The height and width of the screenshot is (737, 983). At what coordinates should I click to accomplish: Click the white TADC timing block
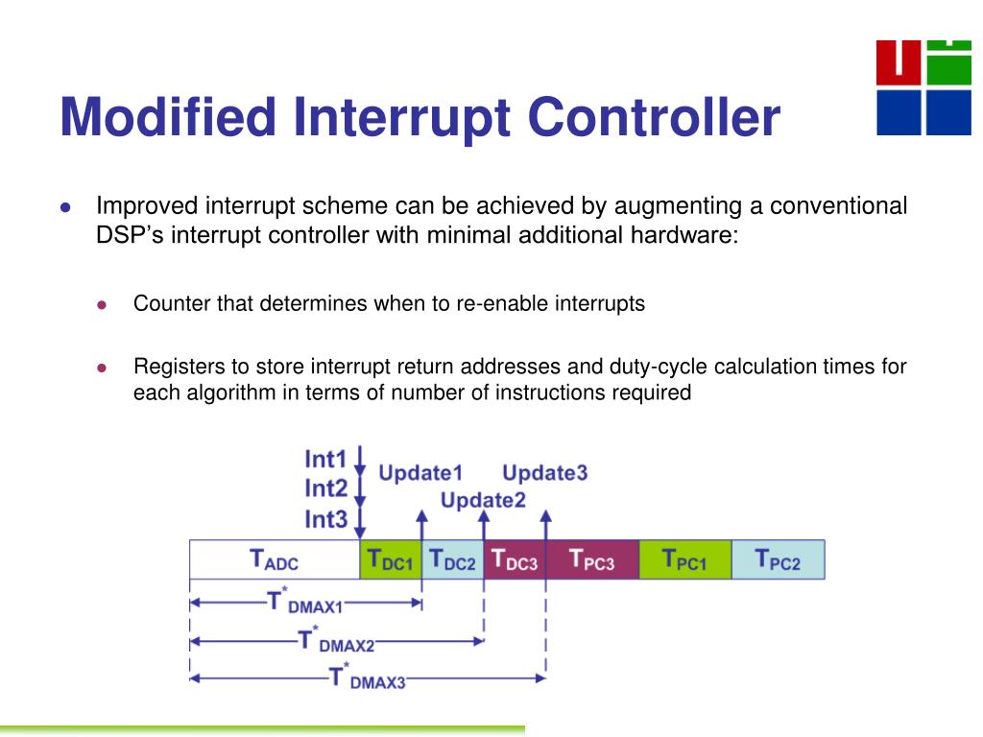[275, 559]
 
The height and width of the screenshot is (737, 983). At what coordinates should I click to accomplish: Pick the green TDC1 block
[390, 559]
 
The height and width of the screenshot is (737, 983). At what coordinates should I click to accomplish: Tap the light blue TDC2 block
[451, 559]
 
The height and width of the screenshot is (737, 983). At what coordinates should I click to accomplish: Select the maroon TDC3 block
[514, 559]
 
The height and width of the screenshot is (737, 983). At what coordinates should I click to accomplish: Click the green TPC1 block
[684, 559]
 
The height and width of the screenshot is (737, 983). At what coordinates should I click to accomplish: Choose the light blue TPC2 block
[778, 559]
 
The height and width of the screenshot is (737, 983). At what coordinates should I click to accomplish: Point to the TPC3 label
[591, 559]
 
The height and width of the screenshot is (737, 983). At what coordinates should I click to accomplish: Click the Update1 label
[420, 472]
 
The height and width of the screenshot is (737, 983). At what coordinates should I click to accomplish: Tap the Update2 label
[483, 500]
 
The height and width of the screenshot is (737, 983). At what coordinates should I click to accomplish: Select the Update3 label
[545, 472]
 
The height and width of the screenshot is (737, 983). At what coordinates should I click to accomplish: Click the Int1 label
[325, 459]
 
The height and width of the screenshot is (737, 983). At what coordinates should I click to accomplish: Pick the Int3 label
[325, 519]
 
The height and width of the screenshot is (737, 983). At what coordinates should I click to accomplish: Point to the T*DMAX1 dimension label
[304, 604]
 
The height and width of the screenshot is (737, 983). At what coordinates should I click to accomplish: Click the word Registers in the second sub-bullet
[179, 368]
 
